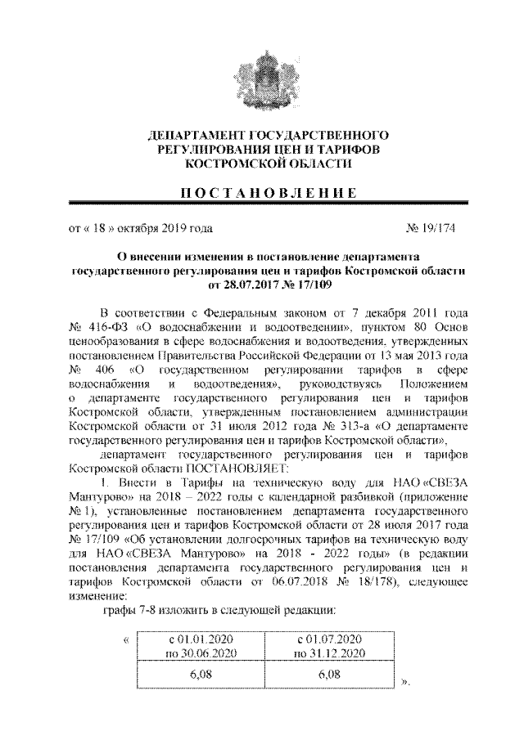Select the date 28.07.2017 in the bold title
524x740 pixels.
point(238,286)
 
